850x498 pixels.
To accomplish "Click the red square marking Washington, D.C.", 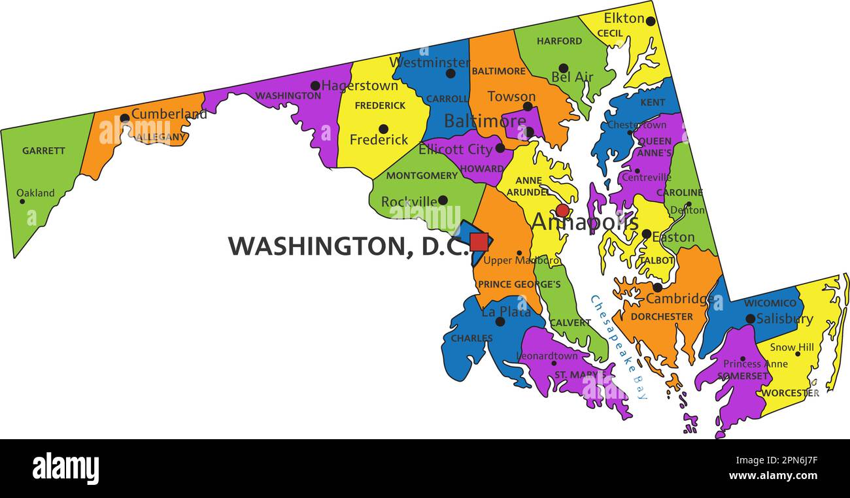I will [479, 242].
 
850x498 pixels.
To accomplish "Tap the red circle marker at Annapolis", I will [562, 210].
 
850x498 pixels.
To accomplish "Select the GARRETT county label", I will [44, 150].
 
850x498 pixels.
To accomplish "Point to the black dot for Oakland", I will [22, 201].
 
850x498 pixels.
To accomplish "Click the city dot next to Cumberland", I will [124, 118].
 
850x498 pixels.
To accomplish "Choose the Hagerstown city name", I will [359, 86].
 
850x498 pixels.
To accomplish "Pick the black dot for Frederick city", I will [383, 129].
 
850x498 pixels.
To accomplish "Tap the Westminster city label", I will [429, 63].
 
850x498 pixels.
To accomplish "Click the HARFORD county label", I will [559, 41].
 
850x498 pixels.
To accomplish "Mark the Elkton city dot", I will [650, 21].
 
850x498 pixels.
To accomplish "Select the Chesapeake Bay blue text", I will [619, 346].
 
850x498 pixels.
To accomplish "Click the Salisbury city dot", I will [751, 319].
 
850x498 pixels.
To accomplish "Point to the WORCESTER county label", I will [790, 393].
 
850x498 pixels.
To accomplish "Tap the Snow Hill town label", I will [792, 347].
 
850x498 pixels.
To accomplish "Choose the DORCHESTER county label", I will [662, 316].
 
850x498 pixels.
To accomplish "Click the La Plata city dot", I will [500, 322].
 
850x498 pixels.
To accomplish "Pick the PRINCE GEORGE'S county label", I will [519, 284].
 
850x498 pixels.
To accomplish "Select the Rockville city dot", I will [443, 201].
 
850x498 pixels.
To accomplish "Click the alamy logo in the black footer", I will [65, 469].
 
